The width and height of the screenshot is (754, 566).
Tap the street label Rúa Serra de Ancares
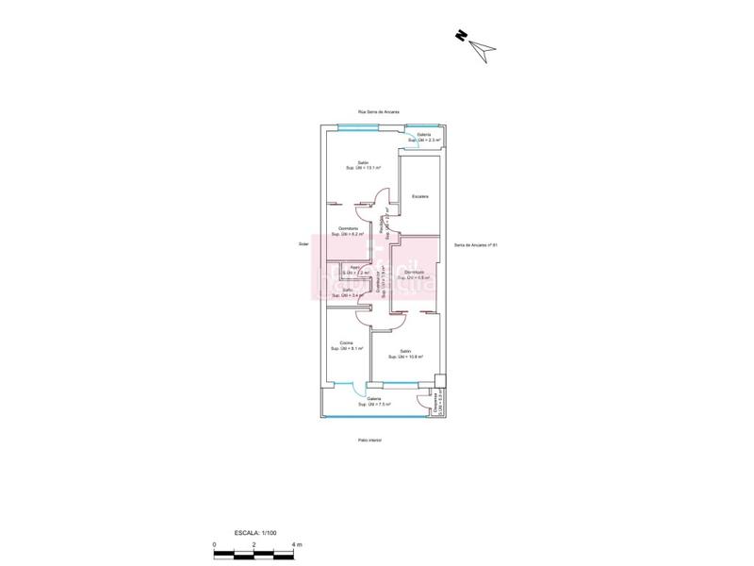(378, 111)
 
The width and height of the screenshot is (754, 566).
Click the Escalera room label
(420, 196)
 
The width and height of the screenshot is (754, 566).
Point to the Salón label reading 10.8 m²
(405, 355)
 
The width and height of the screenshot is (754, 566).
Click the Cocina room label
(347, 345)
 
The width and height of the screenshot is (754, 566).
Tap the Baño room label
(347, 292)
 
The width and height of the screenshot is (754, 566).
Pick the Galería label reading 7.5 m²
(374, 401)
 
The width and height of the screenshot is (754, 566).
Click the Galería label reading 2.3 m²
(424, 138)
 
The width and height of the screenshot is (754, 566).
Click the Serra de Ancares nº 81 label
(475, 245)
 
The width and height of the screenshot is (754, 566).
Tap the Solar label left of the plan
(303, 242)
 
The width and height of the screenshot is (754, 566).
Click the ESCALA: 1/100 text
(254, 534)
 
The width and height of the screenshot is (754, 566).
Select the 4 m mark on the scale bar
(299, 545)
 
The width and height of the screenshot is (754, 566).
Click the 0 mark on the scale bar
(215, 545)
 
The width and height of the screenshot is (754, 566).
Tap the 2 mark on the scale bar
(254, 545)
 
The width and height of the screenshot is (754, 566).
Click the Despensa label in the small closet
(435, 403)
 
